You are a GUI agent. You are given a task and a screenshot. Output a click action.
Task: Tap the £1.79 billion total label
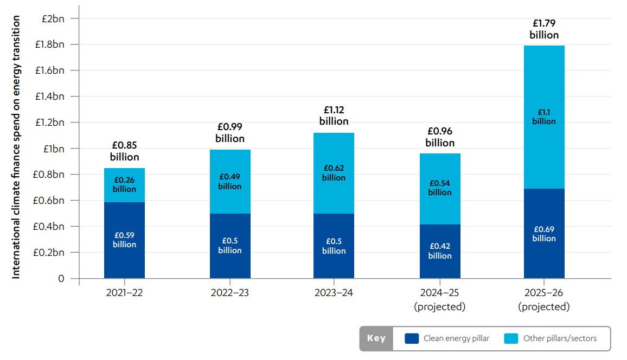tap(544, 29)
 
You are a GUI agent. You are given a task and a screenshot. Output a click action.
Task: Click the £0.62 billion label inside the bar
tap(334, 173)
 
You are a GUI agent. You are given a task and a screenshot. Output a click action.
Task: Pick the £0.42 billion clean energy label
tap(440, 251)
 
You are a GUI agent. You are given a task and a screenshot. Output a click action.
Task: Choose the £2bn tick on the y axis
tap(53, 18)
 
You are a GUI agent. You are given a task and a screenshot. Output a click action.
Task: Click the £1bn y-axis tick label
tap(53, 149)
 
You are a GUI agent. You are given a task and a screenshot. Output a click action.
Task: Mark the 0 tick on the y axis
tap(61, 279)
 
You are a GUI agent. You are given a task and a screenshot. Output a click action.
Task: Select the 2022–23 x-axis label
tap(230, 293)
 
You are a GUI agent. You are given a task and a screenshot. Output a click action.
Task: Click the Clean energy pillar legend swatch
tap(412, 339)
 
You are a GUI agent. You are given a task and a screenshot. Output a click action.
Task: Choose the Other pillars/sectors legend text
tap(560, 339)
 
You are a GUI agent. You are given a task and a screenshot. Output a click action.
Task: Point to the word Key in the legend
tap(376, 339)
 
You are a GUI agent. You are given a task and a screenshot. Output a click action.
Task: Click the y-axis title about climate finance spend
tap(16, 147)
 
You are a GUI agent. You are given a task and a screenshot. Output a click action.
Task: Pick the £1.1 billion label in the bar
tap(544, 117)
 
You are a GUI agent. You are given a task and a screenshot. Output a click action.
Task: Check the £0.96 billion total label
tap(440, 137)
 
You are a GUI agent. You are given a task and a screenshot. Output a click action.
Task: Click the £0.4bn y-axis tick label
tap(50, 227)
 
